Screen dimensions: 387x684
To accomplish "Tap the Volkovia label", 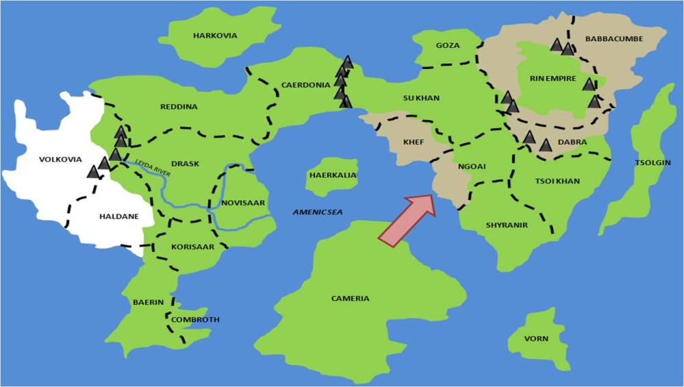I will click(x=60, y=160).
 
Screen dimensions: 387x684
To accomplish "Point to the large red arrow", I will click(x=407, y=219).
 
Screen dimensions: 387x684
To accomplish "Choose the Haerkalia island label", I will click(x=333, y=175).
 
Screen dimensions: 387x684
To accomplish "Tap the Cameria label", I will click(x=350, y=299).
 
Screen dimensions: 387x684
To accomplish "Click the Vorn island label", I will click(x=536, y=338).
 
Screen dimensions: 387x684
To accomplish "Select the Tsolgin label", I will click(x=653, y=163).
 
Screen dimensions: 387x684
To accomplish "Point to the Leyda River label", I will click(x=153, y=168).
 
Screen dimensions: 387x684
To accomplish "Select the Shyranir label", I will click(x=507, y=225).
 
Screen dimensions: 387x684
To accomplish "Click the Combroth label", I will click(x=195, y=320).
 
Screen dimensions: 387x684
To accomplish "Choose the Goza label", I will click(x=448, y=45).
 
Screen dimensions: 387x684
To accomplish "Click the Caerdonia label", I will click(x=306, y=86).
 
